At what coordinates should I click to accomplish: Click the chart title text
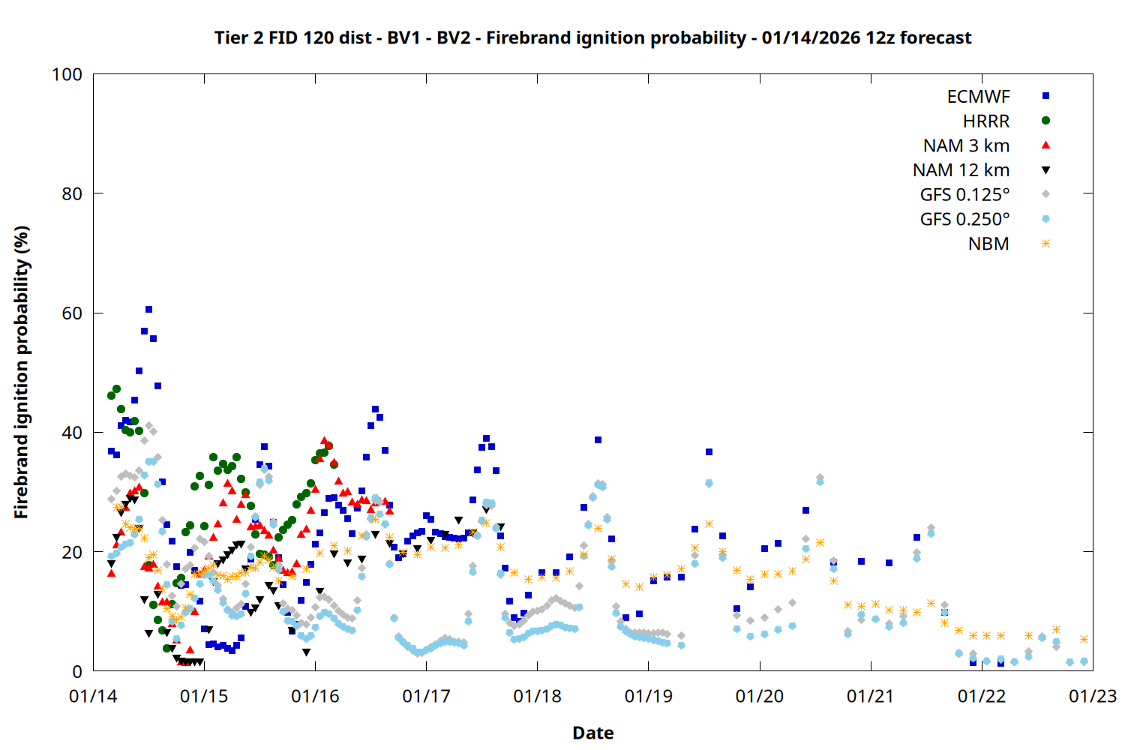click(x=592, y=37)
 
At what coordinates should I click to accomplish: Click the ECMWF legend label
click(x=978, y=97)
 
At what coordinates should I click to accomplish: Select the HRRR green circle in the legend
click(x=1045, y=121)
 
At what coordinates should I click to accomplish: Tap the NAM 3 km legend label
click(x=966, y=145)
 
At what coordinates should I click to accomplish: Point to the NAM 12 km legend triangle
click(x=1045, y=170)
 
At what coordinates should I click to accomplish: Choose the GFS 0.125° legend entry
click(x=964, y=195)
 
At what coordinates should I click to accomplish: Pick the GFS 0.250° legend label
click(x=964, y=220)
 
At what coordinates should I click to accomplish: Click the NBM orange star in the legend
click(x=1045, y=244)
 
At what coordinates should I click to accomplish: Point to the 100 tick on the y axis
click(x=67, y=74)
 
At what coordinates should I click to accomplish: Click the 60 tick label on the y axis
click(x=72, y=313)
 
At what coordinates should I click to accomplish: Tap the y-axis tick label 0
click(x=77, y=672)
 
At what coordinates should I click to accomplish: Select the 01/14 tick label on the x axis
click(x=93, y=697)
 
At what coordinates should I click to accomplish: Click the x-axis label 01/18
click(x=537, y=697)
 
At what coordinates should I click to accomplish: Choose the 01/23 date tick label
click(x=1092, y=697)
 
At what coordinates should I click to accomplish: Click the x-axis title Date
click(x=592, y=733)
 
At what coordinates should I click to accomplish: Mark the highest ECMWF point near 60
click(x=148, y=309)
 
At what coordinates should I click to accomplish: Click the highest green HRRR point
click(x=116, y=388)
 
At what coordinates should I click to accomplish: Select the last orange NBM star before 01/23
click(x=1084, y=639)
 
